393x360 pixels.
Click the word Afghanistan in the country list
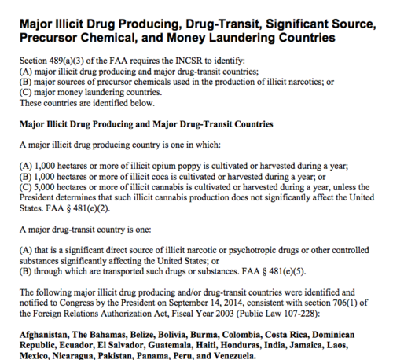click(x=39, y=324)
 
